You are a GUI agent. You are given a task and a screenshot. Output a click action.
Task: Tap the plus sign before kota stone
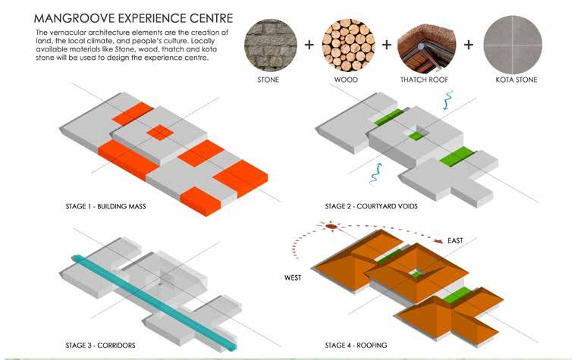coord(468,44)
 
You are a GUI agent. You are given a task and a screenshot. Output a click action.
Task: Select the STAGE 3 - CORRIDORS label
coord(101,346)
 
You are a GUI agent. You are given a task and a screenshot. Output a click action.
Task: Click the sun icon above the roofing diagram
coord(331,225)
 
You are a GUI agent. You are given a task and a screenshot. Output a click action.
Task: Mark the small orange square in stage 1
coord(159,133)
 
